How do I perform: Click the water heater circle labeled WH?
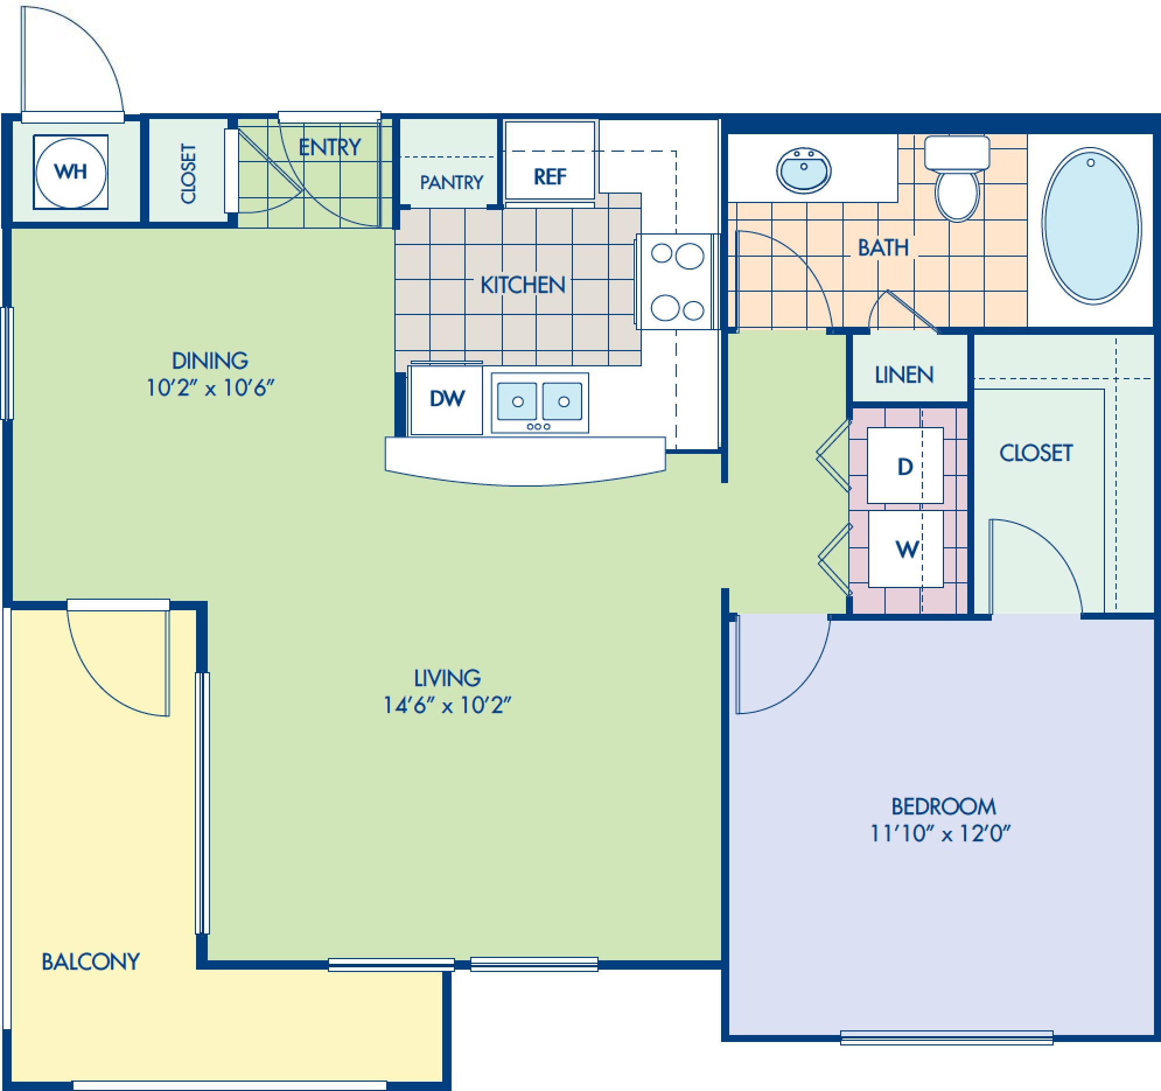[x=71, y=172]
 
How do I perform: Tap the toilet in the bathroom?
[x=957, y=178]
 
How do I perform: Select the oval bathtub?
[x=1091, y=225]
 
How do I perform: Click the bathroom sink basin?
[x=803, y=170]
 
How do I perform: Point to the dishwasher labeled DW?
[x=447, y=399]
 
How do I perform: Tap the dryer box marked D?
[x=905, y=466]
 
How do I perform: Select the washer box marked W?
[x=906, y=549]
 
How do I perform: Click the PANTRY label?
[x=452, y=183]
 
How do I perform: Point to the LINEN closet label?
[x=904, y=375]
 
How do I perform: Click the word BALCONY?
[x=90, y=961]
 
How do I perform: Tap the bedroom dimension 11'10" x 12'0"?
[x=940, y=834]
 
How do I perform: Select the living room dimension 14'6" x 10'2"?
[x=447, y=705]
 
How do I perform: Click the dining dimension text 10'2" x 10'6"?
[x=209, y=387]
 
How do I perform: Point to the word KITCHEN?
[x=523, y=285]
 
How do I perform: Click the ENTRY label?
[x=330, y=147]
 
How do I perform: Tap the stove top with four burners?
[x=677, y=282]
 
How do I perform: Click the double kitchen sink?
[x=540, y=403]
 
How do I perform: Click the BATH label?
[x=883, y=247]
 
